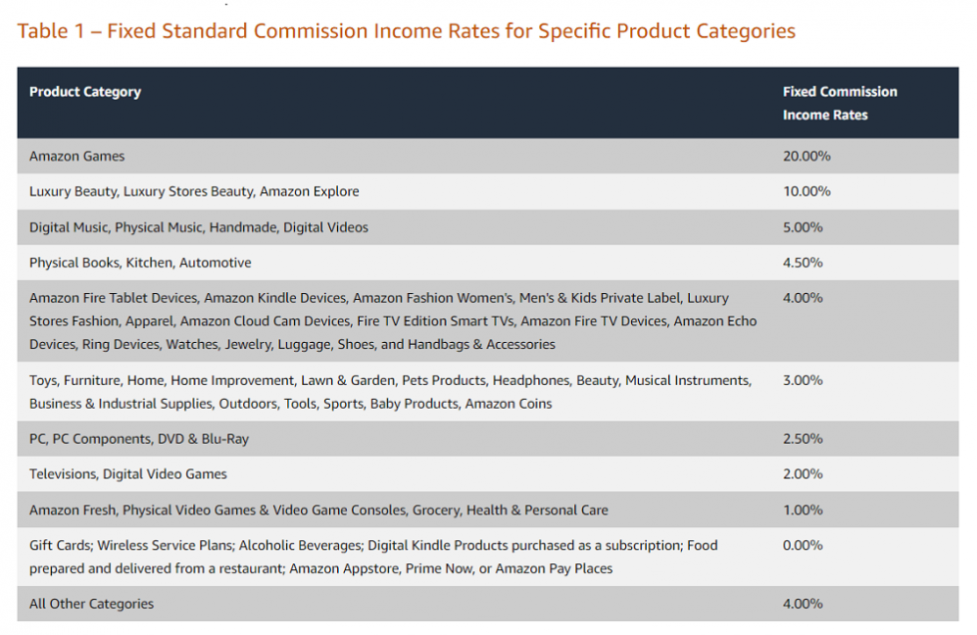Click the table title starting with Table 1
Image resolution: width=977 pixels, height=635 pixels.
tap(406, 31)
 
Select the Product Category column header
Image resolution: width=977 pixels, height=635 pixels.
tap(85, 92)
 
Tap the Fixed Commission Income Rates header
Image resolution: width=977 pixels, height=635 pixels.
tap(840, 103)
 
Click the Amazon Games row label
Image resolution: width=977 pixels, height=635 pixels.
tap(77, 156)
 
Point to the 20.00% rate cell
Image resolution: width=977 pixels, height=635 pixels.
tap(806, 156)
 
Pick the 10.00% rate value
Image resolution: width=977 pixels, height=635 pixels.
tap(806, 191)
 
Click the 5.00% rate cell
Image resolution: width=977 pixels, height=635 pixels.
tap(803, 227)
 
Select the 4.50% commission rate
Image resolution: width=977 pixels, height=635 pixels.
tap(803, 263)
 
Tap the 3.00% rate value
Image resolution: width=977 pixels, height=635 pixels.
tap(803, 380)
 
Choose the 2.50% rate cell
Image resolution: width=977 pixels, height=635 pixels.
tap(803, 439)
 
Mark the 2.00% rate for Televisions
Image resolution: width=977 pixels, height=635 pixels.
tap(803, 474)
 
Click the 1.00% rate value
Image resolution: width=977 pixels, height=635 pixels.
tap(803, 510)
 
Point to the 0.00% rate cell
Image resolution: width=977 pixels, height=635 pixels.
tap(803, 545)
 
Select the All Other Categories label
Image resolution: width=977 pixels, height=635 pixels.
tap(92, 604)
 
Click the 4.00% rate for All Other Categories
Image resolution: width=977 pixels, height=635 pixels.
tap(803, 604)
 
